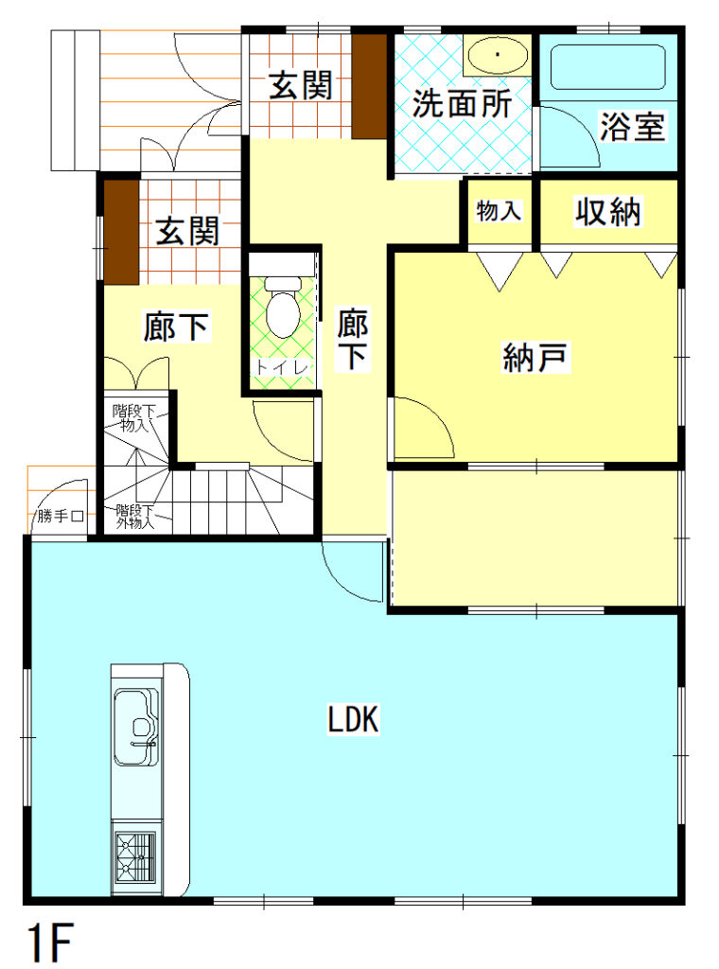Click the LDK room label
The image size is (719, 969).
click(354, 720)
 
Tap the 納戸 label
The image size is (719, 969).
click(535, 358)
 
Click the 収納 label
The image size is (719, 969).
click(608, 212)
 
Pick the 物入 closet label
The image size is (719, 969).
click(499, 211)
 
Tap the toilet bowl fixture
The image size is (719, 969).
click(282, 308)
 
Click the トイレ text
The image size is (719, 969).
click(281, 366)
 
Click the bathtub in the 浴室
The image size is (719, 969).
click(606, 65)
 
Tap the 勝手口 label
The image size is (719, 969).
click(61, 517)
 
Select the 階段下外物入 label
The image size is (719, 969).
click(135, 517)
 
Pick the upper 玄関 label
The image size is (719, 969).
click(302, 86)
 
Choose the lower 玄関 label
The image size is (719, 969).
click(187, 231)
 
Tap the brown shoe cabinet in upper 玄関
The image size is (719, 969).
click(370, 85)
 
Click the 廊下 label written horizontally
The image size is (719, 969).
click(176, 327)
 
